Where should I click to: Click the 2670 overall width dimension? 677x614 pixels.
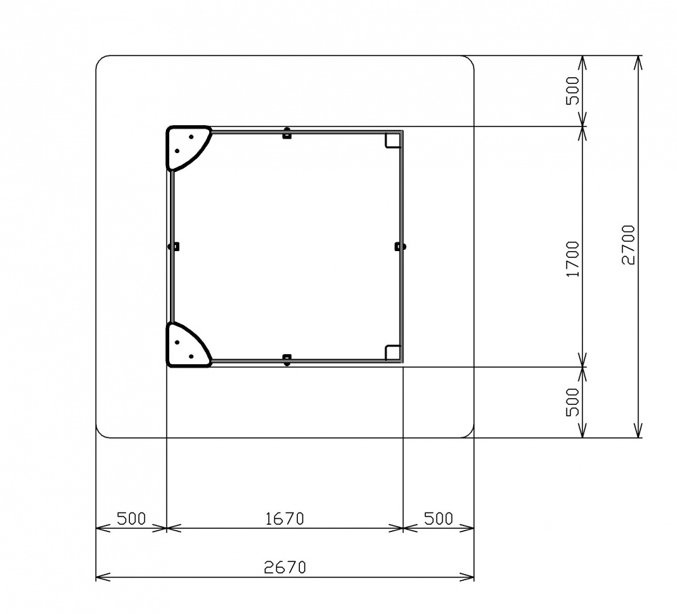pyautogui.click(x=285, y=567)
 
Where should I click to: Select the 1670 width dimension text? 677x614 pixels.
pyautogui.click(x=284, y=519)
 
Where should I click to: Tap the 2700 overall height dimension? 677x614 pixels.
pyautogui.click(x=629, y=245)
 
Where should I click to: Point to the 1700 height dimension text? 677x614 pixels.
pyautogui.click(x=573, y=259)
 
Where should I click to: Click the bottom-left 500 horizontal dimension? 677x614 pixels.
pyautogui.click(x=131, y=519)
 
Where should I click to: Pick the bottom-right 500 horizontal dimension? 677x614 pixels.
pyautogui.click(x=438, y=519)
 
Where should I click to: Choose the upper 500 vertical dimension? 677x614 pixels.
pyautogui.click(x=573, y=91)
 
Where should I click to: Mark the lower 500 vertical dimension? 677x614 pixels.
pyautogui.click(x=573, y=402)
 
